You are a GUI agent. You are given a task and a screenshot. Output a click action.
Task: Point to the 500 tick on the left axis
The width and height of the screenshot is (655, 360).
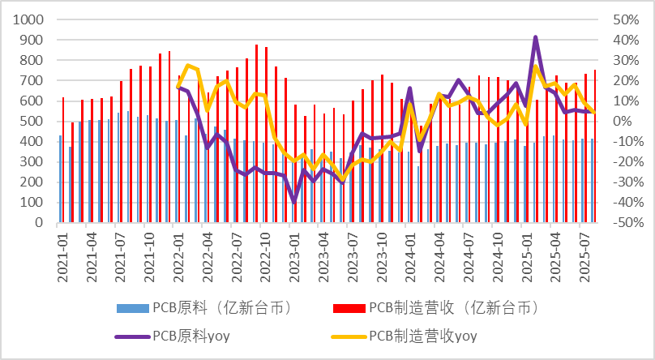[x=33, y=121]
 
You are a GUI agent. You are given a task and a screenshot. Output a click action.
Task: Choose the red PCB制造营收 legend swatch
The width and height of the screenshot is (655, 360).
[x=349, y=308]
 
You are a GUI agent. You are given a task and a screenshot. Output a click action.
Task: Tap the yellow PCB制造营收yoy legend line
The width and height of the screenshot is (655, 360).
[x=349, y=336]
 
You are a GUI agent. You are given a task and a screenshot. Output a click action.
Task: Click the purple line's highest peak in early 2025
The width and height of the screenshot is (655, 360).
[x=536, y=37]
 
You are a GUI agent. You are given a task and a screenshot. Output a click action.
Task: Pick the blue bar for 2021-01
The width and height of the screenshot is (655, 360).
[x=60, y=178]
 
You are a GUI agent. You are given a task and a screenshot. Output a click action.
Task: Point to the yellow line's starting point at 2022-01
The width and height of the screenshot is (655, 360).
[x=178, y=86]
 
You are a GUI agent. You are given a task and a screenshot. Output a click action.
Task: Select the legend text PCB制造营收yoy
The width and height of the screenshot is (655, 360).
[x=422, y=336]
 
